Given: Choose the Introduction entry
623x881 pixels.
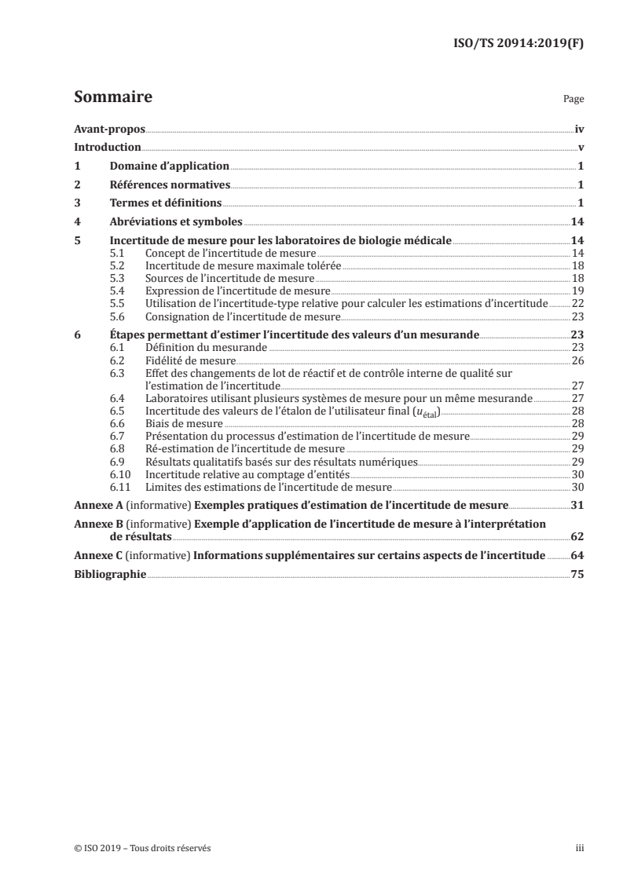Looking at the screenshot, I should click(x=107, y=147).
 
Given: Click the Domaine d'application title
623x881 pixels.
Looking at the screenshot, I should click(x=169, y=166).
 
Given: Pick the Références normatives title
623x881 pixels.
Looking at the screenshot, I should click(x=170, y=185).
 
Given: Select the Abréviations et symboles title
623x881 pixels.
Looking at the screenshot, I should click(x=176, y=222).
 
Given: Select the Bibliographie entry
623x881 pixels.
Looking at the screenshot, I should click(x=109, y=574).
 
